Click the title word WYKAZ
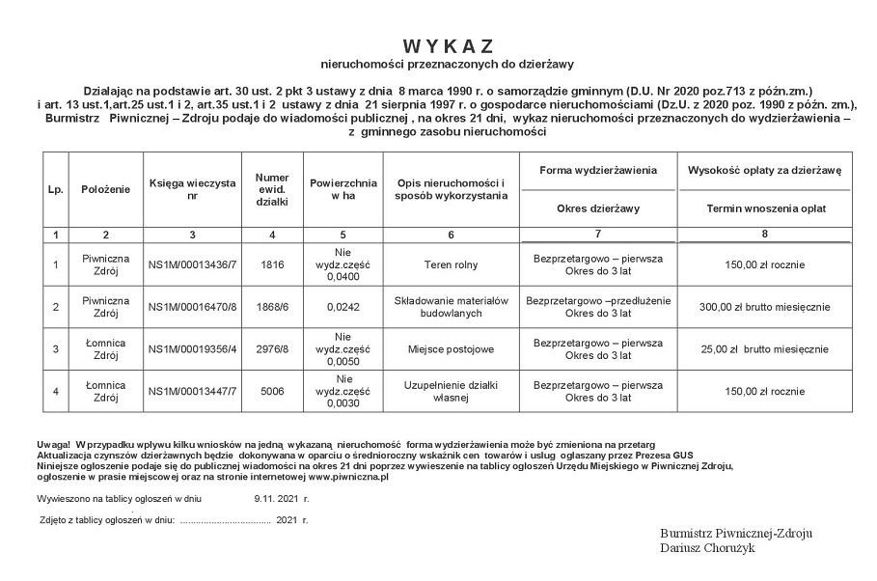pos(448,46)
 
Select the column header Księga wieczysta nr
pos(192,189)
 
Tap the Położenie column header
pos(105,189)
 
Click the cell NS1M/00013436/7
pos(192,265)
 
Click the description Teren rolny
pos(451,265)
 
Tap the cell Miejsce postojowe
pos(451,348)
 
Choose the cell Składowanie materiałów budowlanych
pos(451,307)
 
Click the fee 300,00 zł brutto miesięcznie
pos(764,307)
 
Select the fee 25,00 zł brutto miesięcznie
pos(764,348)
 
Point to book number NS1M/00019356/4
pos(192,348)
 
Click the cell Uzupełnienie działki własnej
pos(451,390)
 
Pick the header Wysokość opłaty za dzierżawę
pos(764,170)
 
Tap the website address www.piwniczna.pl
pos(348,476)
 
